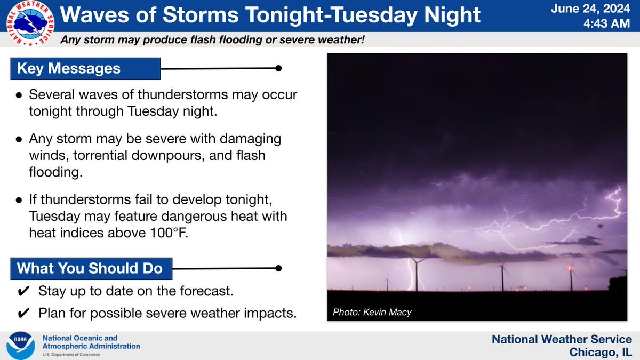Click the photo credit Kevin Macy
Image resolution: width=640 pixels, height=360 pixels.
click(372, 312)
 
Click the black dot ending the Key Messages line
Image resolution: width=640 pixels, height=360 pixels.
click(277, 68)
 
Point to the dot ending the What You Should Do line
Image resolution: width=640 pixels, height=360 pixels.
click(277, 268)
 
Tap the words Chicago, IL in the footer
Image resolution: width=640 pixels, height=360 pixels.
click(601, 352)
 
